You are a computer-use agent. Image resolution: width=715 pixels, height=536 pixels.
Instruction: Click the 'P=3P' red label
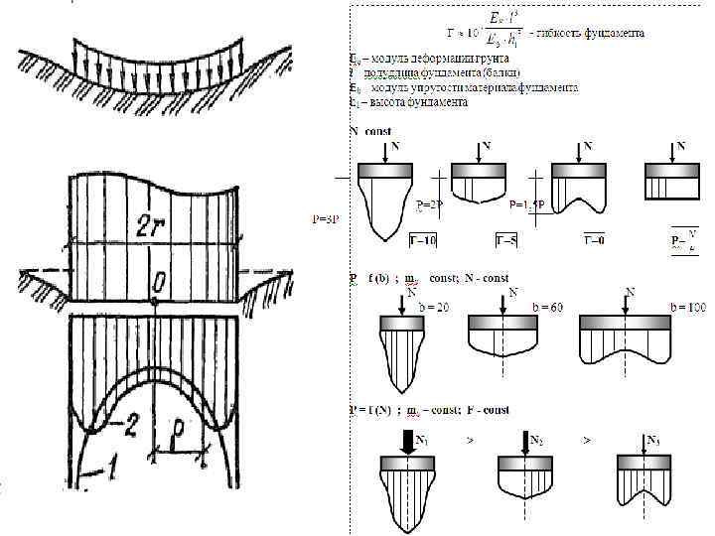point(327,218)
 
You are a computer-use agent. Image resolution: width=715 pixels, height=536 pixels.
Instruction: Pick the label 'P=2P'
point(431,203)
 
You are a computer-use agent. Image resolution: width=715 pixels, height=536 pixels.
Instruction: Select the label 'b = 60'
point(549,308)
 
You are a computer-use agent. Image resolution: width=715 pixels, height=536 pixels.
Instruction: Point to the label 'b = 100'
point(687,308)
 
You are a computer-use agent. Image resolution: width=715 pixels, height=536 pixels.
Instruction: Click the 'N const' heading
point(370,131)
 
